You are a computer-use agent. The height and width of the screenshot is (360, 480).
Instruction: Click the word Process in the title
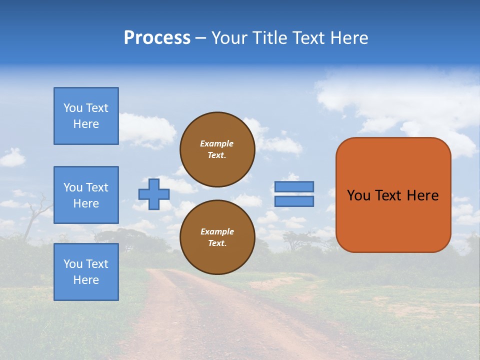157,38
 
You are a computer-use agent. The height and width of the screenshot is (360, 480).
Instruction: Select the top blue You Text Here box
86,116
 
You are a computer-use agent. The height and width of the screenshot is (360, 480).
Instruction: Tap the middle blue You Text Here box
86,195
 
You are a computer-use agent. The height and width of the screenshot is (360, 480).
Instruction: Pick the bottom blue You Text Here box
86,272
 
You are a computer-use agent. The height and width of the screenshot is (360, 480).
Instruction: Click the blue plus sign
154,194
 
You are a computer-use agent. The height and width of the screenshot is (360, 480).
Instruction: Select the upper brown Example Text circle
217,149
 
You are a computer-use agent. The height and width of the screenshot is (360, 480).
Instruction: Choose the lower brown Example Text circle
217,237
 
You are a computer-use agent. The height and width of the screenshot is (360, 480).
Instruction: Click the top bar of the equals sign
294,186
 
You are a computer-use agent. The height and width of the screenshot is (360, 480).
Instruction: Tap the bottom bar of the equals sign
294,201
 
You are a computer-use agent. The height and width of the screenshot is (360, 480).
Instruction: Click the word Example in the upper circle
216,144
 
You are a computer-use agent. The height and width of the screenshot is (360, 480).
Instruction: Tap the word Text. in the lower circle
217,243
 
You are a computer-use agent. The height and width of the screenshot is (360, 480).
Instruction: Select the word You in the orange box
358,195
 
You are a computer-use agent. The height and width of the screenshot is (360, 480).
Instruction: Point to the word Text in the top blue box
96,108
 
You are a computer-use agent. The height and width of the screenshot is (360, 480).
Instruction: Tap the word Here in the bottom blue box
86,280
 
